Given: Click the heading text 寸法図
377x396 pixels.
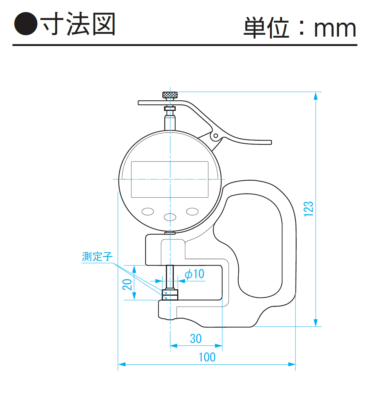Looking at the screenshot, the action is click(x=78, y=24).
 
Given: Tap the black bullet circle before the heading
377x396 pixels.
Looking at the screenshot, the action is click(x=26, y=24).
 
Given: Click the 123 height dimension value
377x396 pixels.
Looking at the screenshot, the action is click(x=308, y=209).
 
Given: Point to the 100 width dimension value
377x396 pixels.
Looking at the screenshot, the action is click(x=207, y=357).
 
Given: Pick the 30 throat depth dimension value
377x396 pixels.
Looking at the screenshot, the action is click(x=196, y=339).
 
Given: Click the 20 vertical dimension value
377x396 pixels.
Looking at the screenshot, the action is click(x=127, y=284).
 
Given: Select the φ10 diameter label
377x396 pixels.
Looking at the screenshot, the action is click(x=195, y=274).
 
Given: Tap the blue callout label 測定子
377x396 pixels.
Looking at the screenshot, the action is click(x=97, y=256).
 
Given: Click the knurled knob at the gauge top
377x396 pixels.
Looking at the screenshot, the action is click(x=170, y=95).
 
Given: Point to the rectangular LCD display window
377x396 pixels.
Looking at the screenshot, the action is click(x=170, y=179).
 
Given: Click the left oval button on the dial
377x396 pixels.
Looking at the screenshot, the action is click(x=148, y=211).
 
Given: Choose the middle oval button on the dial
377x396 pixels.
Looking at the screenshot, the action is click(x=170, y=217).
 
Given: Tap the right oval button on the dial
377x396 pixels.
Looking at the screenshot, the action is click(x=192, y=211).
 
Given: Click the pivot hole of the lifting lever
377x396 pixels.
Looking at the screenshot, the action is click(x=216, y=136).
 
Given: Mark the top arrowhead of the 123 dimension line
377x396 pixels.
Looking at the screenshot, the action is click(x=316, y=96).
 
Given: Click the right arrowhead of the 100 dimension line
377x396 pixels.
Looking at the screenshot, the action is click(x=292, y=364).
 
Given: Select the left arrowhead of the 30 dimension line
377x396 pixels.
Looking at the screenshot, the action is click(x=174, y=345).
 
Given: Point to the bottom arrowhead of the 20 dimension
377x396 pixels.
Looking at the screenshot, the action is click(x=134, y=296).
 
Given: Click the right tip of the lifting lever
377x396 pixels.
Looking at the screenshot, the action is click(x=271, y=143).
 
